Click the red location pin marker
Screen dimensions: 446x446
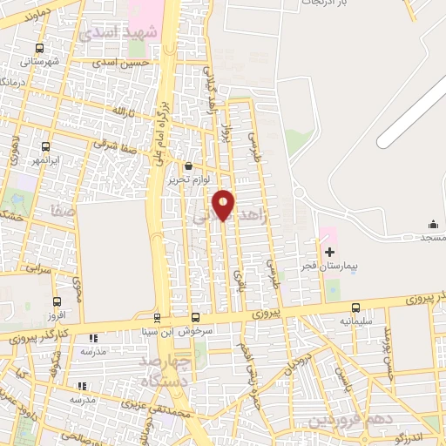click(224, 205)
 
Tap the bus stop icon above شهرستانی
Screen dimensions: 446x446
click(38, 49)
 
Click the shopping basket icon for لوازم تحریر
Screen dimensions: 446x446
click(189, 166)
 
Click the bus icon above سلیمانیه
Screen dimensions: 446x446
click(355, 307)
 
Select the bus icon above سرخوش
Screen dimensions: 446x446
click(195, 317)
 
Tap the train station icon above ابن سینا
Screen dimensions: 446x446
click(157, 317)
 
